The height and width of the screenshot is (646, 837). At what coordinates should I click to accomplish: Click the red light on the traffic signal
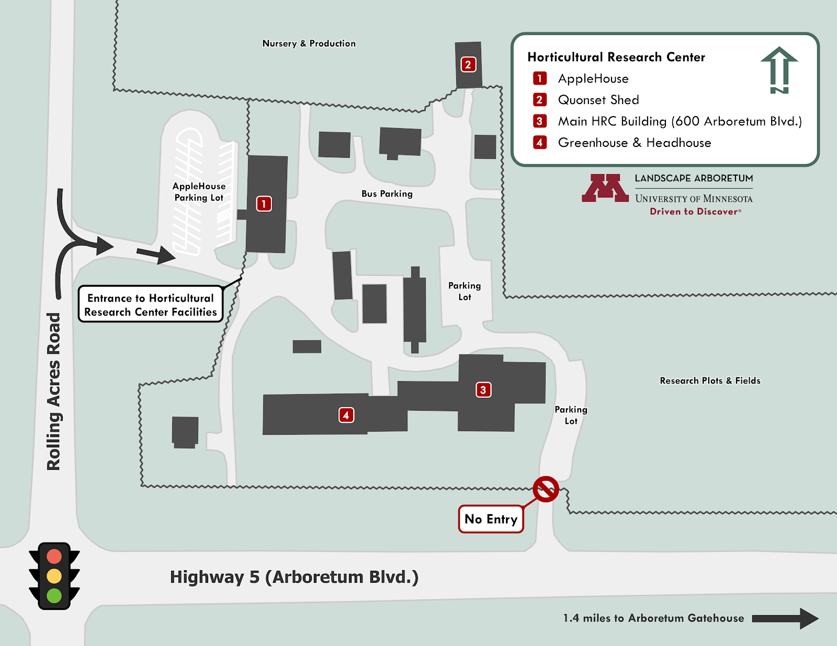click(x=54, y=556)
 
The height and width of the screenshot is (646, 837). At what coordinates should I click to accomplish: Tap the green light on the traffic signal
click(x=54, y=595)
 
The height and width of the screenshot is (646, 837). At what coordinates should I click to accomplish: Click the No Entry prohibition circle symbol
click(x=546, y=489)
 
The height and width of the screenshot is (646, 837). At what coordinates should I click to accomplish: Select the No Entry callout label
click(x=491, y=519)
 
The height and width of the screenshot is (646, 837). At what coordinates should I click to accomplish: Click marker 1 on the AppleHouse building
click(x=264, y=203)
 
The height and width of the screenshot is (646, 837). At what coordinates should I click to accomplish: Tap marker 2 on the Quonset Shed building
click(x=468, y=64)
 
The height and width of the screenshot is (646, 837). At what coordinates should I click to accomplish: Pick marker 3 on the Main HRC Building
click(x=483, y=389)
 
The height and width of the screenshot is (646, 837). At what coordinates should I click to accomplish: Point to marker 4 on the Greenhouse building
click(x=346, y=415)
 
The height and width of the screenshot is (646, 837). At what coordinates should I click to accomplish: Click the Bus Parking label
click(x=387, y=194)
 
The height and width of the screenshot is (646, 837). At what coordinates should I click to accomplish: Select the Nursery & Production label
click(x=309, y=43)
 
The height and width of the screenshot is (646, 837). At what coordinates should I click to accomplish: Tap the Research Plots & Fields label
click(x=710, y=380)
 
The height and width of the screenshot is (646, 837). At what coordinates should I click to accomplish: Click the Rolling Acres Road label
click(x=54, y=391)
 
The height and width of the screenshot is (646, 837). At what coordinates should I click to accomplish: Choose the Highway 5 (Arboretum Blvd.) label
click(x=294, y=577)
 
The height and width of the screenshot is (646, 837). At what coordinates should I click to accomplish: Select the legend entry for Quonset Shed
click(x=598, y=100)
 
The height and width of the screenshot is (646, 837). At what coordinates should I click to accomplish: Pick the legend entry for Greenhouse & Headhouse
click(x=634, y=143)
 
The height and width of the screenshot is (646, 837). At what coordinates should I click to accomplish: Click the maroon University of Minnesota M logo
click(x=605, y=188)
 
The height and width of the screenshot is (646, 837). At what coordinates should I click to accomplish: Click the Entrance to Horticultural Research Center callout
click(x=151, y=305)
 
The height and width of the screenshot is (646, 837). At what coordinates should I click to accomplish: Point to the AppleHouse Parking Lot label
click(x=199, y=192)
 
